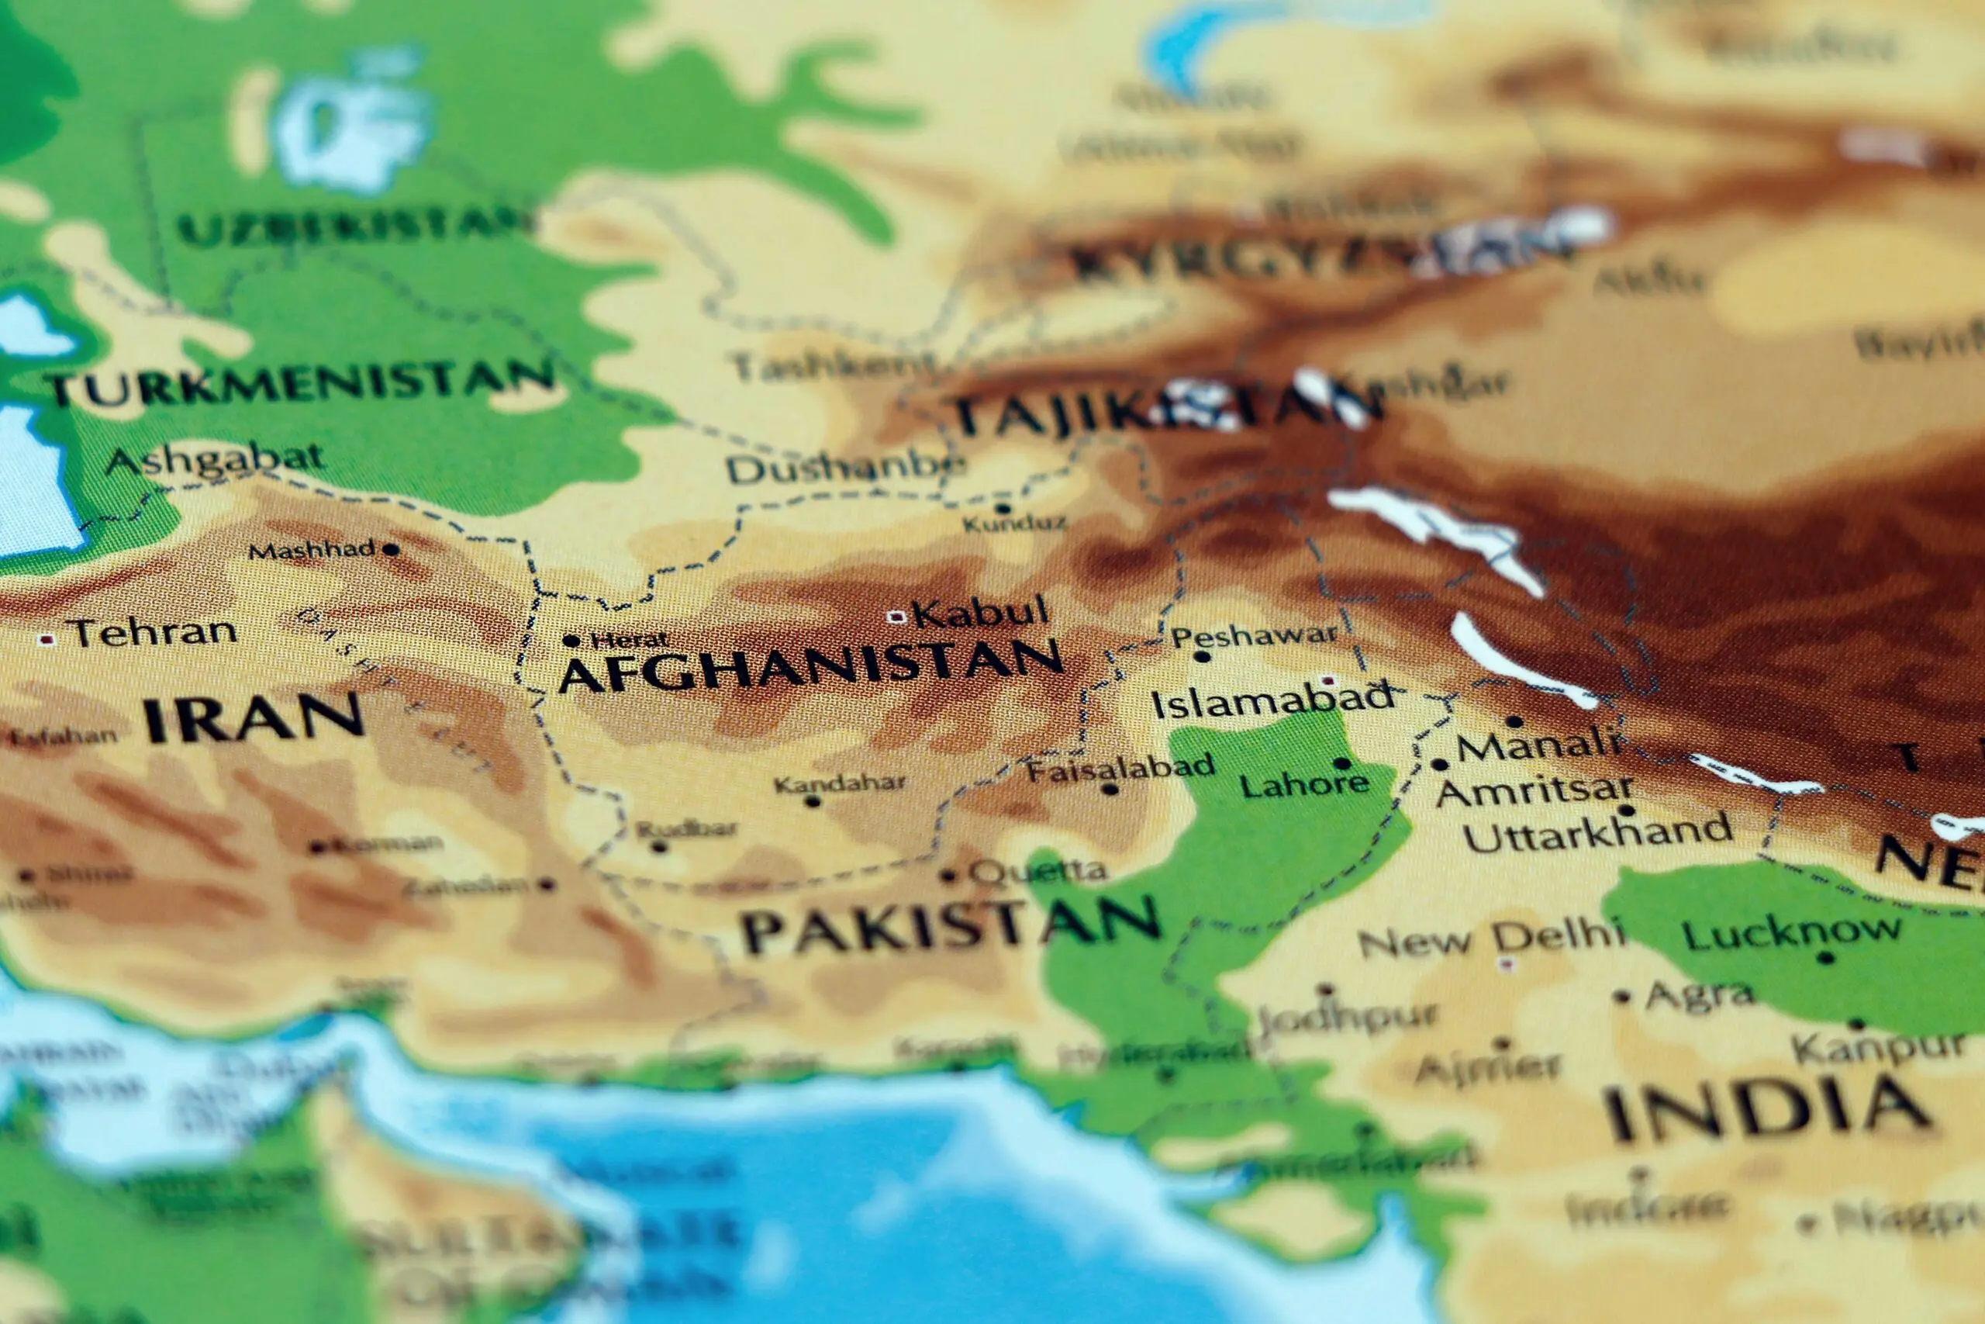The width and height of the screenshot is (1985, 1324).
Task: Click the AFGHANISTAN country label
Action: (810, 665)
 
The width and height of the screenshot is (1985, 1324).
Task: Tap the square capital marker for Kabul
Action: (897, 617)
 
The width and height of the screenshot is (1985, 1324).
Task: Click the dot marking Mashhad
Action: (390, 550)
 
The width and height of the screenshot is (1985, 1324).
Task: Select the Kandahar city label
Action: (839, 784)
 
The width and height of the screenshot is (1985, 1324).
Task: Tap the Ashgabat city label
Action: (216, 459)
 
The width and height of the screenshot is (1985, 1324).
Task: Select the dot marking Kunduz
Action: (1003, 508)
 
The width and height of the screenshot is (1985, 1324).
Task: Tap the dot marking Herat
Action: (571, 641)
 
